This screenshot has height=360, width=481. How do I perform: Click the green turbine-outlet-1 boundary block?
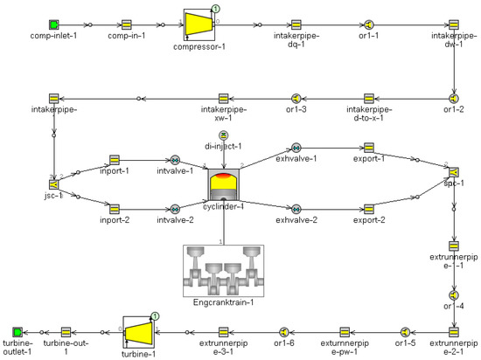click(17, 332)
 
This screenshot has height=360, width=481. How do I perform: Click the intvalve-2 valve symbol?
click(175, 209)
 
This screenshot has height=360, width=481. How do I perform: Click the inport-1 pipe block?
click(114, 161)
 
